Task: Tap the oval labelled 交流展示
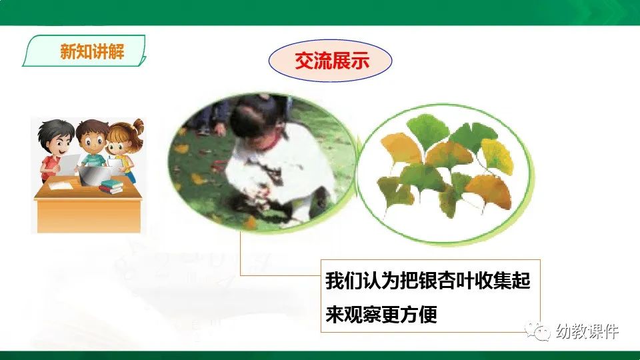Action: click(330, 61)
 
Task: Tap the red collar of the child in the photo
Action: click(269, 142)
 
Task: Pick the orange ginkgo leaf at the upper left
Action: click(400, 149)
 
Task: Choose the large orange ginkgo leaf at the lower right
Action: click(488, 192)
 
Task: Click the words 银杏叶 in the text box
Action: click(419, 281)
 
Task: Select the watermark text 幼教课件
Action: click(587, 331)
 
